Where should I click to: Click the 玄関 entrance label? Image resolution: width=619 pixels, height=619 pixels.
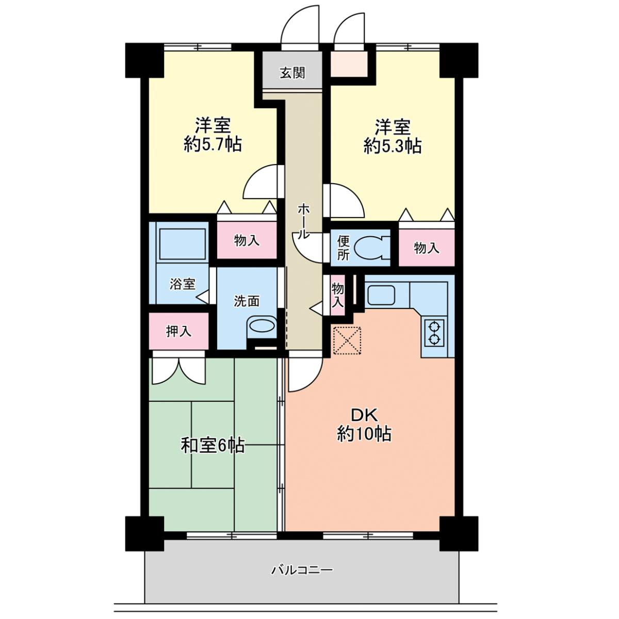(x=292, y=74)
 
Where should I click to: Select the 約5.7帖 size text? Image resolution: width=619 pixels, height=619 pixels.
(x=213, y=145)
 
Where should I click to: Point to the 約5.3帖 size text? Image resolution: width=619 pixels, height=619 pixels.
(x=392, y=147)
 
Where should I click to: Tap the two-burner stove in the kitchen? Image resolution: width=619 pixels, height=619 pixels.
(x=434, y=333)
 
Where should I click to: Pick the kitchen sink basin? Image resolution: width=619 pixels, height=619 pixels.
(x=381, y=295)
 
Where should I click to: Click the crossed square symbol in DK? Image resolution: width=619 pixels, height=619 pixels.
(x=347, y=340)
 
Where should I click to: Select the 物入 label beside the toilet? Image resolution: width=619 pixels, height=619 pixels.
(x=427, y=248)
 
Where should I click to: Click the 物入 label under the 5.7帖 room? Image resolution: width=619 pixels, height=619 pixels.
(x=247, y=240)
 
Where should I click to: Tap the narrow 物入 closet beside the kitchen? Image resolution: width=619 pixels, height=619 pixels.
(x=337, y=295)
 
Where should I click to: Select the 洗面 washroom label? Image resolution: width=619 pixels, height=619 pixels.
(x=247, y=301)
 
